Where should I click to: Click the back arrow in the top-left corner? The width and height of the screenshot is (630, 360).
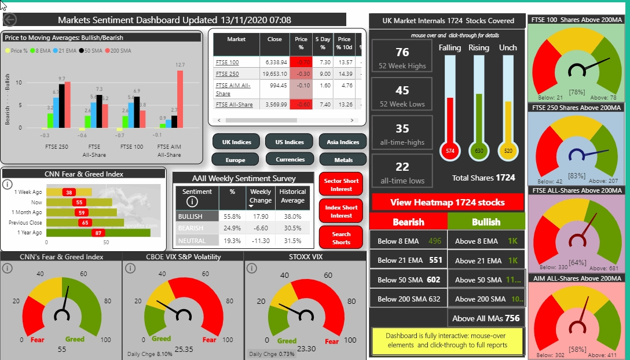click(10, 20)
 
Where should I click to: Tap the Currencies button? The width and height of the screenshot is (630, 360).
click(290, 159)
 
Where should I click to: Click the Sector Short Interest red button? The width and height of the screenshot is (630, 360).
click(341, 185)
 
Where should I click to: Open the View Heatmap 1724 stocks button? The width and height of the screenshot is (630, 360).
click(448, 203)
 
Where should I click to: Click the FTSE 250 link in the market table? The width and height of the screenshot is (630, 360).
click(226, 74)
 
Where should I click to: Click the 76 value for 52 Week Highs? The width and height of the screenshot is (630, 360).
click(402, 53)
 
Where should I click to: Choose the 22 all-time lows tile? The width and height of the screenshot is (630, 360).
click(402, 172)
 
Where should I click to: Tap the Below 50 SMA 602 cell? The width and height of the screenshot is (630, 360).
click(409, 280)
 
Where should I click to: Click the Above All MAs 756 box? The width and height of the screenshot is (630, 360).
click(486, 318)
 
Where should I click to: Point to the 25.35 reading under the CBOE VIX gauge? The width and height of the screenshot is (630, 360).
click(183, 349)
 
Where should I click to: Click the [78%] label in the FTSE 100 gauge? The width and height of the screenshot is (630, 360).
click(576, 92)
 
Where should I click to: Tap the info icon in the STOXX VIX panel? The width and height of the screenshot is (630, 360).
click(252, 268)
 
